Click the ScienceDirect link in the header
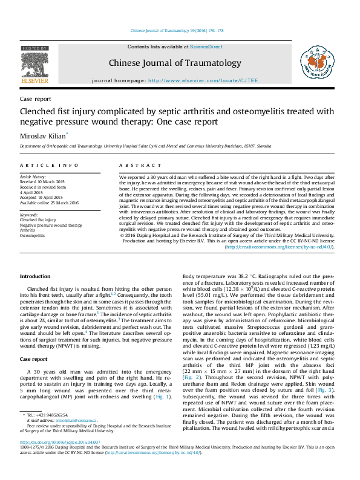click(206, 47)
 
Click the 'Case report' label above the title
click(35, 99)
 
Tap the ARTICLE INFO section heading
click(49, 165)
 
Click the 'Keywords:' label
click(30, 215)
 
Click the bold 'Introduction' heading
click(35, 276)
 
